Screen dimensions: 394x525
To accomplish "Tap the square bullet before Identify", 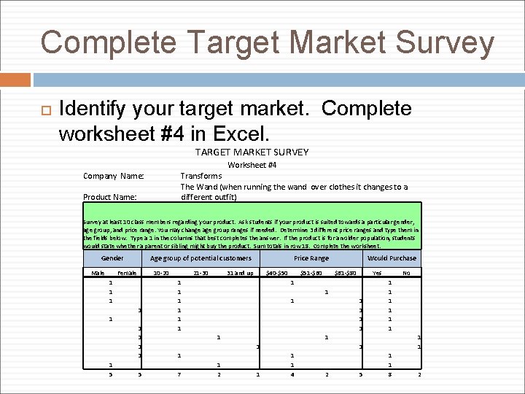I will click(42, 111).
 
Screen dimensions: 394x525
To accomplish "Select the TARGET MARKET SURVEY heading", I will click(252, 152).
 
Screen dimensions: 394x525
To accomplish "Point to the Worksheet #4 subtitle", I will click(252, 165).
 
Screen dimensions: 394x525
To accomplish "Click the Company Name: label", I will click(114, 176).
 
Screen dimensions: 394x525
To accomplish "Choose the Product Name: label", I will click(110, 196).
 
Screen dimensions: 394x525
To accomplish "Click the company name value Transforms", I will click(201, 176).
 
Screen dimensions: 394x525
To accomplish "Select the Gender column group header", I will click(112, 258).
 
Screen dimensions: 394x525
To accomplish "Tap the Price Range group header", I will click(311, 258).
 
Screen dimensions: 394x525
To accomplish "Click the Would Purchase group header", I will click(392, 258).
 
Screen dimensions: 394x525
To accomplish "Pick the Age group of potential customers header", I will click(201, 258).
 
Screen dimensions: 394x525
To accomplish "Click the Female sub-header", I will click(127, 273).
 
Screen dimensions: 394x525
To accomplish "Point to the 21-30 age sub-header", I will click(201, 273).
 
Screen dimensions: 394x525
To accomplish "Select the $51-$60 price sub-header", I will click(312, 273).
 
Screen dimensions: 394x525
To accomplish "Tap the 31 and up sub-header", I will click(240, 273).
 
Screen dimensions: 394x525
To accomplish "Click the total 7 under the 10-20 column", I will click(179, 374).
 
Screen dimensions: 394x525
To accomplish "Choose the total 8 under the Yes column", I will click(389, 374).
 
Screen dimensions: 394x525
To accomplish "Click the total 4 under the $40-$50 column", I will click(292, 374).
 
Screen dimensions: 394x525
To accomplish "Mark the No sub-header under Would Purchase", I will click(407, 273).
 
